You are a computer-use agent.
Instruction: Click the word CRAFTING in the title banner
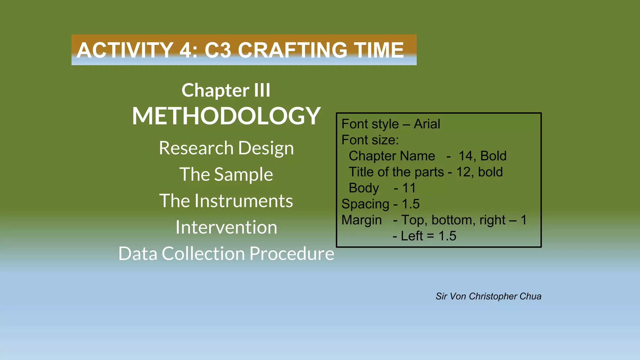click(x=292, y=50)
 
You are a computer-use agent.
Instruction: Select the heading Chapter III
click(x=226, y=90)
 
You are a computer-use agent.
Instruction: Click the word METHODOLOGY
click(x=226, y=116)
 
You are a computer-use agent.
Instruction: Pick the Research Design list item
click(x=226, y=148)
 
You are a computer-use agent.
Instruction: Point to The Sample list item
click(x=226, y=174)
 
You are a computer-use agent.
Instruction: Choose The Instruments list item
click(x=226, y=201)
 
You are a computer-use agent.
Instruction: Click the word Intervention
click(x=226, y=227)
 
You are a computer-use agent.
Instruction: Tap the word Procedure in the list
click(x=292, y=253)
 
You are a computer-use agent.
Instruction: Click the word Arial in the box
click(x=427, y=124)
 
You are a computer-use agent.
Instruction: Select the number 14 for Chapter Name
click(x=467, y=156)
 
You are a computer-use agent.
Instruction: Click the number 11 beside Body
click(x=409, y=188)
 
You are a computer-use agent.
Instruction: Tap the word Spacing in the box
click(x=365, y=204)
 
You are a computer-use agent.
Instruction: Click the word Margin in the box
click(x=362, y=220)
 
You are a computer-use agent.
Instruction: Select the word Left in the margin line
click(x=412, y=236)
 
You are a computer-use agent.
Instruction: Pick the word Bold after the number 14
click(x=493, y=156)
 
